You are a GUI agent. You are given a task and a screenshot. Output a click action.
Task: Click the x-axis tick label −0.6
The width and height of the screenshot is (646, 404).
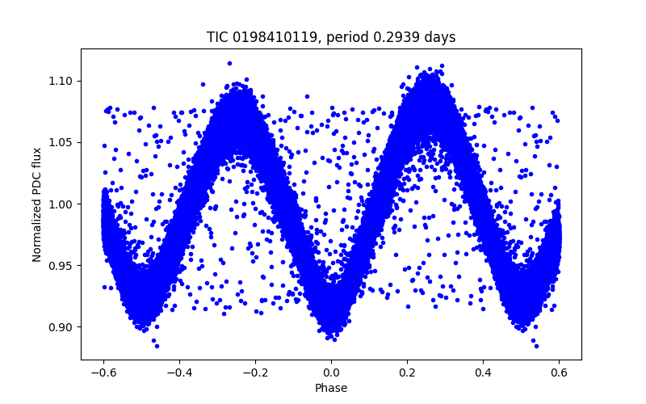pos(103,372)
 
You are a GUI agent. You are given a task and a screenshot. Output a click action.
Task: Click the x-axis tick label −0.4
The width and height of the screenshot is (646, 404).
pos(179,372)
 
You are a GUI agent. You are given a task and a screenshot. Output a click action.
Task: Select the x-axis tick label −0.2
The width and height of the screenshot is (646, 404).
pos(255,372)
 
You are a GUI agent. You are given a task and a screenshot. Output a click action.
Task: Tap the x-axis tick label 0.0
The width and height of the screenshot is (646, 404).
pos(331,372)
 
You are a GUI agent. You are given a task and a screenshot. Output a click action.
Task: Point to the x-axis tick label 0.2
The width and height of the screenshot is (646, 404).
pos(407,372)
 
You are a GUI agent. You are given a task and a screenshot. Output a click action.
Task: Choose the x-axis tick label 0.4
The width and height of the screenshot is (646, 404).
pos(483,372)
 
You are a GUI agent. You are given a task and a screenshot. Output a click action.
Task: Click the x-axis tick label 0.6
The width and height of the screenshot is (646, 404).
pos(559,372)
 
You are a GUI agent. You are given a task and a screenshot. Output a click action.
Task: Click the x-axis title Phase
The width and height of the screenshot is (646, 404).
pos(331,389)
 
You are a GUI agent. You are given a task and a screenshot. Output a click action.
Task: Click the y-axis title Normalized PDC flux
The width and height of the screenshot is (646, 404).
pos(36,204)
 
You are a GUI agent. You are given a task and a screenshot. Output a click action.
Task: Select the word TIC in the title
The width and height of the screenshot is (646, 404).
pos(216,37)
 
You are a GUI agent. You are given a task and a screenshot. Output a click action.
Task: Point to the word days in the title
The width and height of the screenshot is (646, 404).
pos(440,37)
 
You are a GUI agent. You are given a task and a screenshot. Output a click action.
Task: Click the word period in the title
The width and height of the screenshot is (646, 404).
pos(350,38)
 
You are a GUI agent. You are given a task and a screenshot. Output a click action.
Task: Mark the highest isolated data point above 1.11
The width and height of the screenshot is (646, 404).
pos(229,63)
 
